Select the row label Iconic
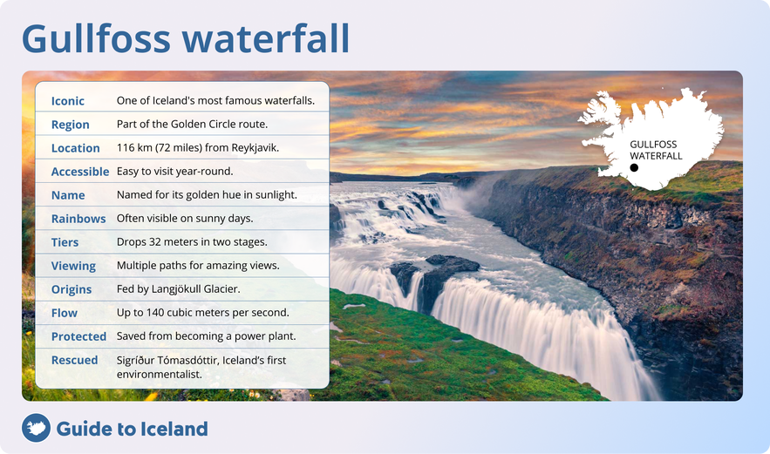point(68,101)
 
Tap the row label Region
point(71,125)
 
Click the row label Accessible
point(80,172)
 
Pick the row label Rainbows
point(78,219)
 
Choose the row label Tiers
point(65,242)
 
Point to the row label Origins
point(72,289)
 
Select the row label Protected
point(78,336)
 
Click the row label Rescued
point(74,360)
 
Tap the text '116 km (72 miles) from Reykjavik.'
point(198,148)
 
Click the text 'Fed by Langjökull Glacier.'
point(178,289)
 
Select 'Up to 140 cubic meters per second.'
point(202,313)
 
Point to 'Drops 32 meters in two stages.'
point(192,242)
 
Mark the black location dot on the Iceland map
point(634,167)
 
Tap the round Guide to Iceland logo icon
point(36,428)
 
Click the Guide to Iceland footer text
point(132,429)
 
